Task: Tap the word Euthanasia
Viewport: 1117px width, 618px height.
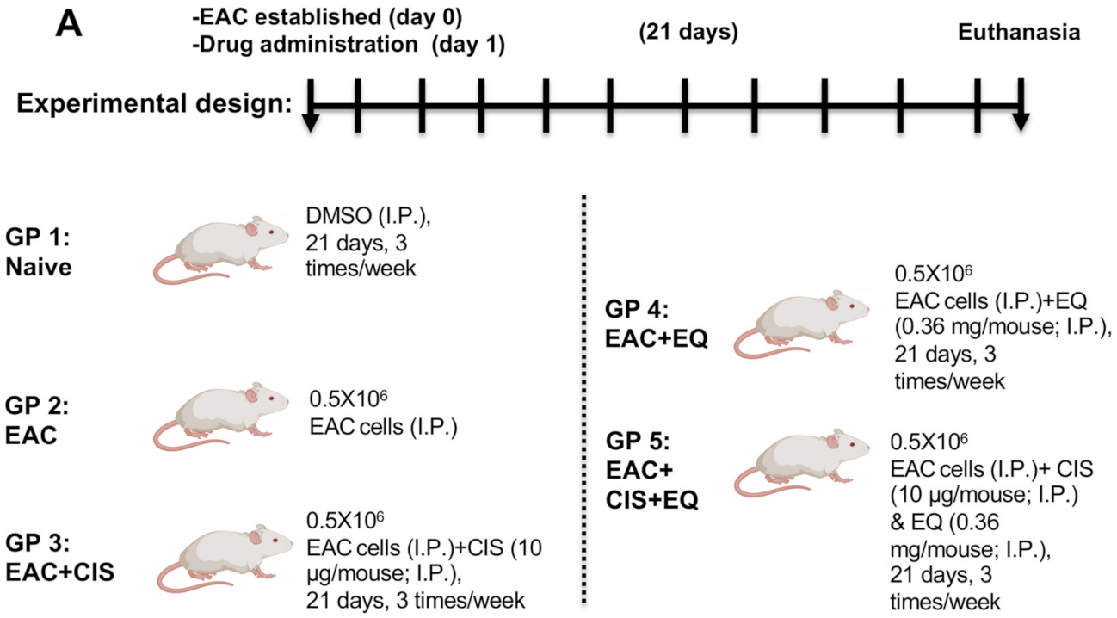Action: (1019, 33)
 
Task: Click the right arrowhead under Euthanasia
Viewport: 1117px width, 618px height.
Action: (1020, 123)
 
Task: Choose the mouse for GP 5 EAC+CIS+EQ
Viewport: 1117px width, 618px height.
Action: (800, 466)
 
